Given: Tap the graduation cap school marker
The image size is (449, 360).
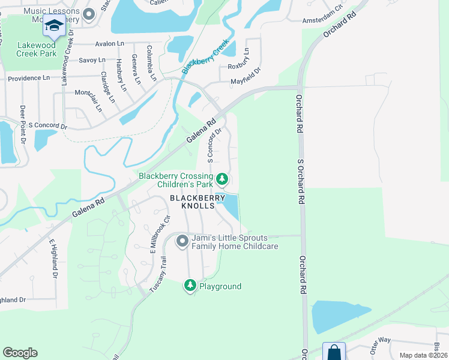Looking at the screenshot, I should tap(54, 26).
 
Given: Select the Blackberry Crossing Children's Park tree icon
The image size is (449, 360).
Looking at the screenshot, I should tap(222, 179).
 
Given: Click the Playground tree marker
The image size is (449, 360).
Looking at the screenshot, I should tap(190, 286).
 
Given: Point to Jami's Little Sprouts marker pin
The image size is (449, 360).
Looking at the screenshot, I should tap(182, 242).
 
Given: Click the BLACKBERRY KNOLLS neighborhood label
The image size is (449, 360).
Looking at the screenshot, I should tap(197, 202).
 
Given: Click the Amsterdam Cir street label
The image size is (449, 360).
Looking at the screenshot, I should tap(322, 21).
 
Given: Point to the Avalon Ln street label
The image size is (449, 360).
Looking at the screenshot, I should tap(109, 44).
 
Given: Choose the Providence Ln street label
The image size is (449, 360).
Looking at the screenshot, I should tap(29, 78).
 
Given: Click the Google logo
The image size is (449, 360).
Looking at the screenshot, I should tap(20, 353).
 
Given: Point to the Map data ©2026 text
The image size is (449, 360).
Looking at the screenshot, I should tap(423, 355).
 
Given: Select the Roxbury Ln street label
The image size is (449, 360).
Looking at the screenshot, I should tap(238, 66).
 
